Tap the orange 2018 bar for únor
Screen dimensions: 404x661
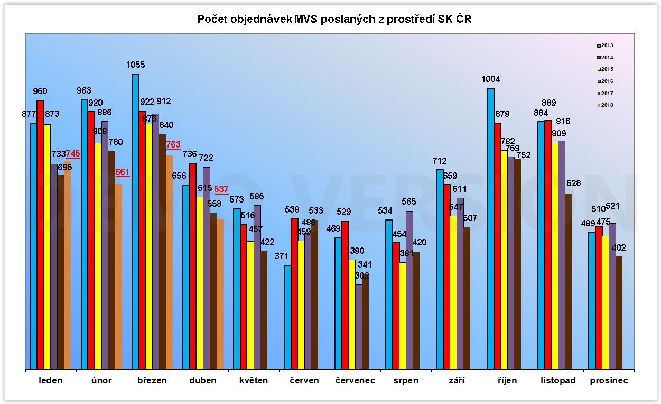(118, 276)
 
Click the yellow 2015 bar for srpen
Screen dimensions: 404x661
(403, 315)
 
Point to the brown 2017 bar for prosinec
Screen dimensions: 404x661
(619, 313)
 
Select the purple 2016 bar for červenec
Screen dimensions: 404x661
(359, 326)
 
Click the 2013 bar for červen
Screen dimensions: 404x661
(287, 317)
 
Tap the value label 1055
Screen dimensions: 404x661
(135, 65)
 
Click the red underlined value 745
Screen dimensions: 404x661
(73, 154)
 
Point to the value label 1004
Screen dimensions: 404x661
(490, 79)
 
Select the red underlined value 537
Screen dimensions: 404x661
(221, 189)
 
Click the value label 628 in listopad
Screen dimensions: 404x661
(573, 183)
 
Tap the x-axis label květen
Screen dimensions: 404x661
(254, 381)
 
